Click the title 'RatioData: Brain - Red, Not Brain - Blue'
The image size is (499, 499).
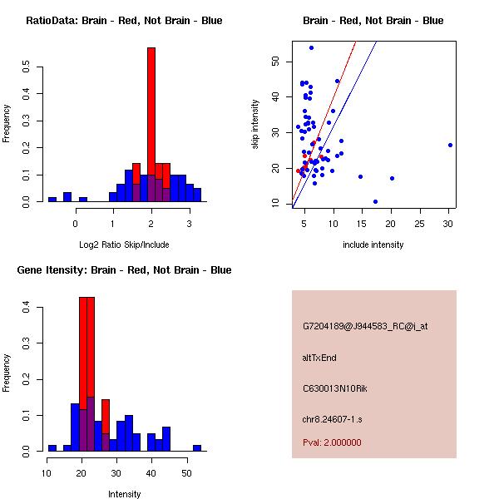[124, 21]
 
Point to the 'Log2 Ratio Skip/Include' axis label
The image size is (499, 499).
[124, 245]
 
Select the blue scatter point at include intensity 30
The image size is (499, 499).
[450, 145]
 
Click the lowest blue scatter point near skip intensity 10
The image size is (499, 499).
[375, 201]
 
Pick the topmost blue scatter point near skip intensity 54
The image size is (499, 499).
[311, 47]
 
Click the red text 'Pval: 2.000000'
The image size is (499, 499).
[332, 442]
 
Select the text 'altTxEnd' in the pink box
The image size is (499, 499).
[319, 358]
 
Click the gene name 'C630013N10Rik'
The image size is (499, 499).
[331, 388]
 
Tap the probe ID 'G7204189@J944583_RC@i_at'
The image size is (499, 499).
[365, 327]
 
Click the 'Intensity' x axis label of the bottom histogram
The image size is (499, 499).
[124, 494]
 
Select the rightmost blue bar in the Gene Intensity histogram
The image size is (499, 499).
[197, 447]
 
